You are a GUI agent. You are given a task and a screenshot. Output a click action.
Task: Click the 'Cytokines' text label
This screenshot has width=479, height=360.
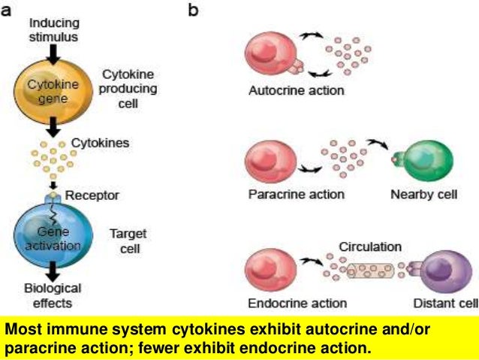click(101, 142)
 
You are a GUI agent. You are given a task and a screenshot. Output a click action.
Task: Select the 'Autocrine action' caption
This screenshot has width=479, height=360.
click(297, 92)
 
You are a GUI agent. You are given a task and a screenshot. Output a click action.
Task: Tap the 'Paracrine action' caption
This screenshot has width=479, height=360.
click(296, 195)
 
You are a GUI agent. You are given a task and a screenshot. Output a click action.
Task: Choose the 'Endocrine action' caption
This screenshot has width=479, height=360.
click(297, 304)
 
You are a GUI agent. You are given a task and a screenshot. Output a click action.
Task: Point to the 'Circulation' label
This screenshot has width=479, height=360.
click(370, 246)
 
